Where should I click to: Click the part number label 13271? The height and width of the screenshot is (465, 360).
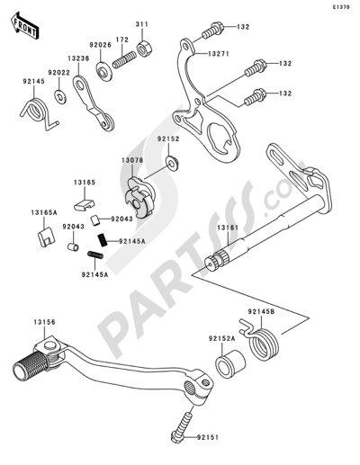pyautogui.click(x=228, y=54)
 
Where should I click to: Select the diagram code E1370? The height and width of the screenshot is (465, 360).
pyautogui.click(x=341, y=7)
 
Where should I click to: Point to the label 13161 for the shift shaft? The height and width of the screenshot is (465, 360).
pyautogui.click(x=226, y=228)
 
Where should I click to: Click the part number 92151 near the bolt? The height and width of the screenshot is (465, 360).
pyautogui.click(x=229, y=439)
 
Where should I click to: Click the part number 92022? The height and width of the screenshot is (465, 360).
pyautogui.click(x=58, y=72)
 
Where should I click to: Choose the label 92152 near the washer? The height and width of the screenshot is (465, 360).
pyautogui.click(x=170, y=139)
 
